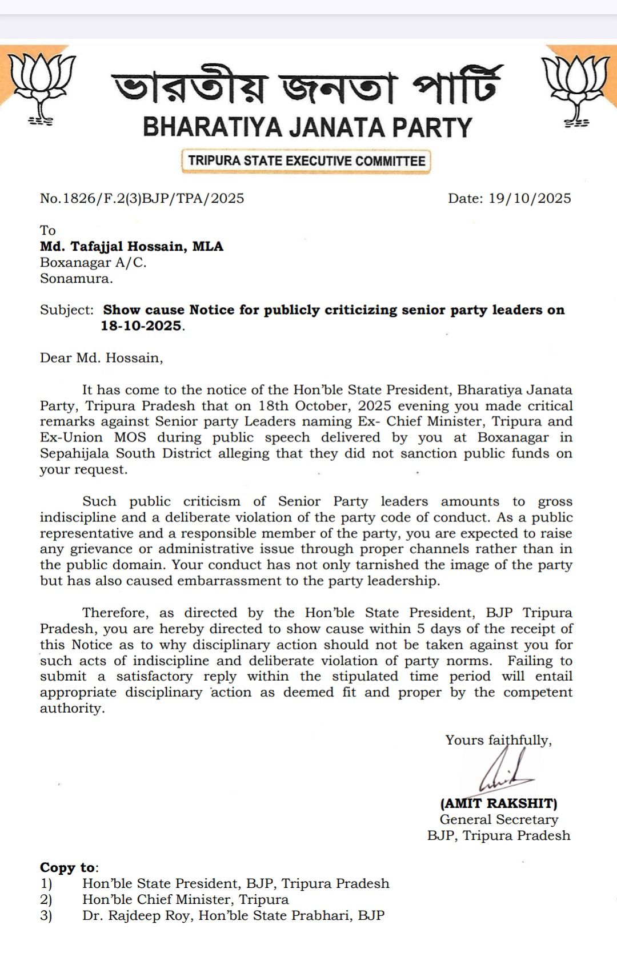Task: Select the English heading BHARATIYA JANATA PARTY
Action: pyautogui.click(x=307, y=127)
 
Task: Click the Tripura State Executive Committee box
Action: pyautogui.click(x=307, y=161)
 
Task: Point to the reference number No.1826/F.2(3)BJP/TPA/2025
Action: pyautogui.click(x=142, y=198)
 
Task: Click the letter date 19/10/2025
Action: pyautogui.click(x=529, y=198)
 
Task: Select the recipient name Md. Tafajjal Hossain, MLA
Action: pyautogui.click(x=131, y=247)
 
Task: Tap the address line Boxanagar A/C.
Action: pyautogui.click(x=93, y=263)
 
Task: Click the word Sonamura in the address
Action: pyautogui.click(x=75, y=279)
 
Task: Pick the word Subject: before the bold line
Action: pyautogui.click(x=66, y=310)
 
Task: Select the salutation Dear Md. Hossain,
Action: pyautogui.click(x=101, y=358)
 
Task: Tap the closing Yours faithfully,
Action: pyautogui.click(x=498, y=740)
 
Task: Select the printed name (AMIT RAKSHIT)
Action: pyautogui.click(x=499, y=803)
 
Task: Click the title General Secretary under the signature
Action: pyautogui.click(x=499, y=819)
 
